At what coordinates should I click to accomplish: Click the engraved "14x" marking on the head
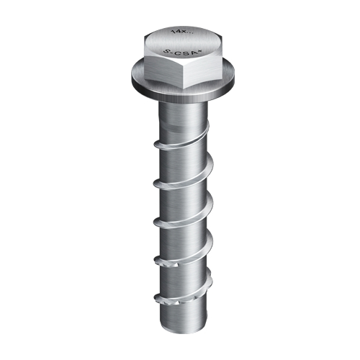coord(178,33)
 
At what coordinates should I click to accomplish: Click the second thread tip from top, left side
coord(156,184)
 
